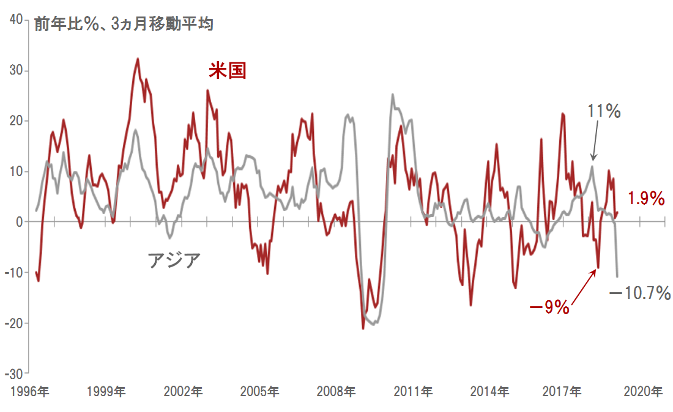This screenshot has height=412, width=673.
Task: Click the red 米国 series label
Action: (228, 71)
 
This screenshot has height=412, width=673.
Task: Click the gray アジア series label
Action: (174, 260)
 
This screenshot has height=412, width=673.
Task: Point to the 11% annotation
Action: (604, 111)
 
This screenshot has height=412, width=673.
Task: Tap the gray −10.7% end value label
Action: (640, 294)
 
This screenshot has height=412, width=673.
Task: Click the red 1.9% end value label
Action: (646, 198)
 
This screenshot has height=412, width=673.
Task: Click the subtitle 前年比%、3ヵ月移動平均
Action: (123, 24)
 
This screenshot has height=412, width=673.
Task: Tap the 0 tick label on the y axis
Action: (19, 222)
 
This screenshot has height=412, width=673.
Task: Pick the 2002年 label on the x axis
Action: (184, 391)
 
